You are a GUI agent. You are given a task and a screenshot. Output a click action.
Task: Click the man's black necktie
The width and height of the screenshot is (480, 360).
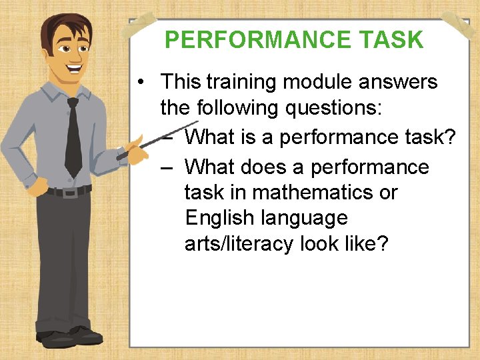pyautogui.click(x=73, y=137)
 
